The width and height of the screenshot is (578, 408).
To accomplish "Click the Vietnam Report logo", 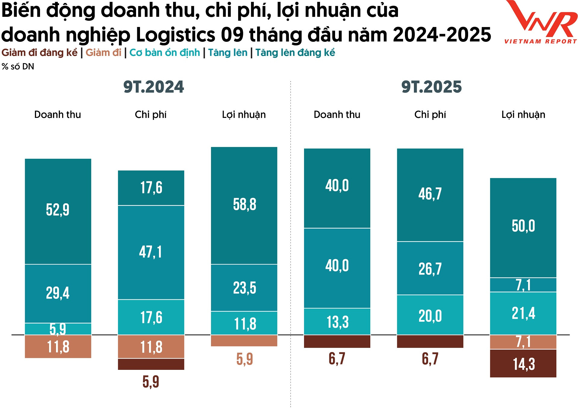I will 541,23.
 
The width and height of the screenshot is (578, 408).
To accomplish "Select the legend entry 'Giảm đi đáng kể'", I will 39,53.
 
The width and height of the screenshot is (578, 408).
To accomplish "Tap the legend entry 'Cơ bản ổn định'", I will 165,53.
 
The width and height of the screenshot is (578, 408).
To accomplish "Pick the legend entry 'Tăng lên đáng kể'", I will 295,53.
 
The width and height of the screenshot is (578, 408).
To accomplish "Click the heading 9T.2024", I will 154,87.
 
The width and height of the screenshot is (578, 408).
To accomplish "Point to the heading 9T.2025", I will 431,87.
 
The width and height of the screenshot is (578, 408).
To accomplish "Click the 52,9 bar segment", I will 58,210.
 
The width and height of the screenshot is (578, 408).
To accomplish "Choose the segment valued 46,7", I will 430,194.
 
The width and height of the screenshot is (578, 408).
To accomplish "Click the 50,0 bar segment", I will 523,227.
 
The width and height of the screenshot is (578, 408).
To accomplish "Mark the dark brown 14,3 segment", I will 523,364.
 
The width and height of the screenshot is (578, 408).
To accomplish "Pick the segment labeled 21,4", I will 523,313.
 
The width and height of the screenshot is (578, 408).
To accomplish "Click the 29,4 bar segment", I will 58,293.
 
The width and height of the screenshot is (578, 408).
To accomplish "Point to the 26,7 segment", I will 430,268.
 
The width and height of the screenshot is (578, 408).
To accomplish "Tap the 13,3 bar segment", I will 337,321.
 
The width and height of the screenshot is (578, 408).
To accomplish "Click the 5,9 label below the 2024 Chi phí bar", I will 151,382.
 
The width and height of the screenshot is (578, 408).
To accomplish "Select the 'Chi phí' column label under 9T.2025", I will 430,115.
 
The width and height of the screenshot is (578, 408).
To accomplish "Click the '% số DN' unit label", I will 18,66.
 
